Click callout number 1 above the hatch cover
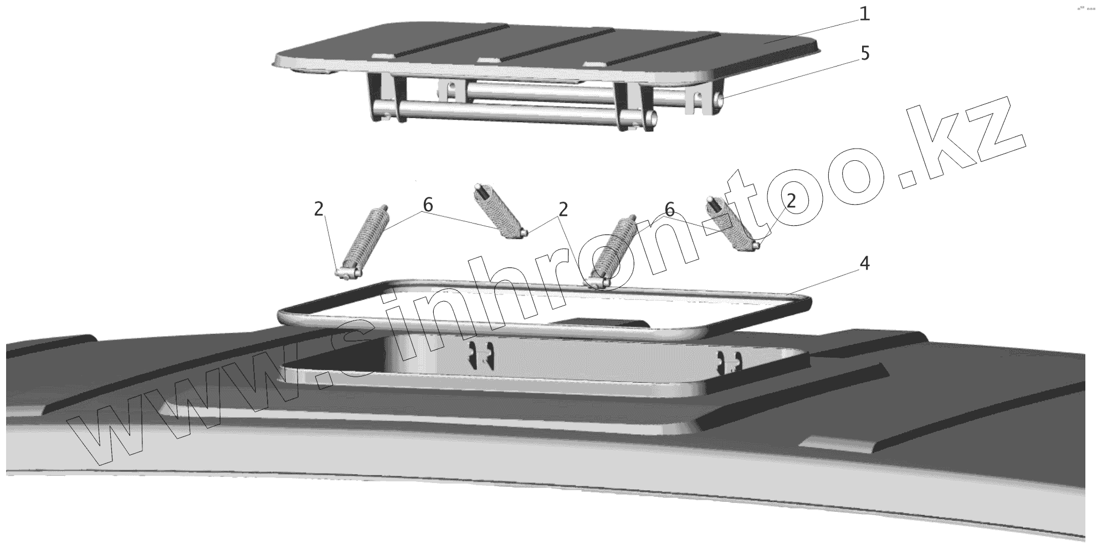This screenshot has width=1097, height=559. point(864,13)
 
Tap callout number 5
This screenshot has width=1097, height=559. point(865,54)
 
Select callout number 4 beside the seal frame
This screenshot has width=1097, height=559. point(864,264)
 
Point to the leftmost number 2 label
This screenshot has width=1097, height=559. point(319,209)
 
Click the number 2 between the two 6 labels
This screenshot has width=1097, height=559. point(563,209)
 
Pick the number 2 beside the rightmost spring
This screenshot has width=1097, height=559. point(791,201)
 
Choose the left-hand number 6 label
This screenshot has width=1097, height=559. point(428,205)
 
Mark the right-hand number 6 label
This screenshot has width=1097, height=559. point(669,210)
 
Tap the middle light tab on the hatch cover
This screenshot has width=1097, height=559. point(489,60)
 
